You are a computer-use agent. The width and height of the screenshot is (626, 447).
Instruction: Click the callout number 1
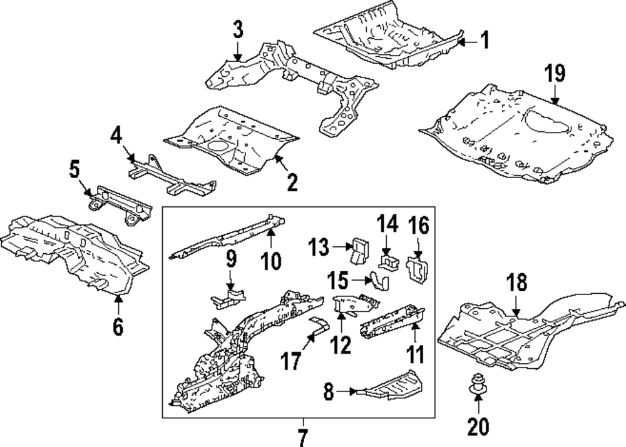[484, 41]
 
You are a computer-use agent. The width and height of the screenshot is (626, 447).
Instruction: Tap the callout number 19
[554, 74]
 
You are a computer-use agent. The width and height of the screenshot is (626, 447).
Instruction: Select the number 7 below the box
[303, 433]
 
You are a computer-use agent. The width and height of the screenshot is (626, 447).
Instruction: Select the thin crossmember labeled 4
[172, 176]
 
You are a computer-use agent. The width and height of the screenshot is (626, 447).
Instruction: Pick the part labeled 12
[355, 303]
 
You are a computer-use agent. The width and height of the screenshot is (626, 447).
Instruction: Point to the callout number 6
[118, 326]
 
